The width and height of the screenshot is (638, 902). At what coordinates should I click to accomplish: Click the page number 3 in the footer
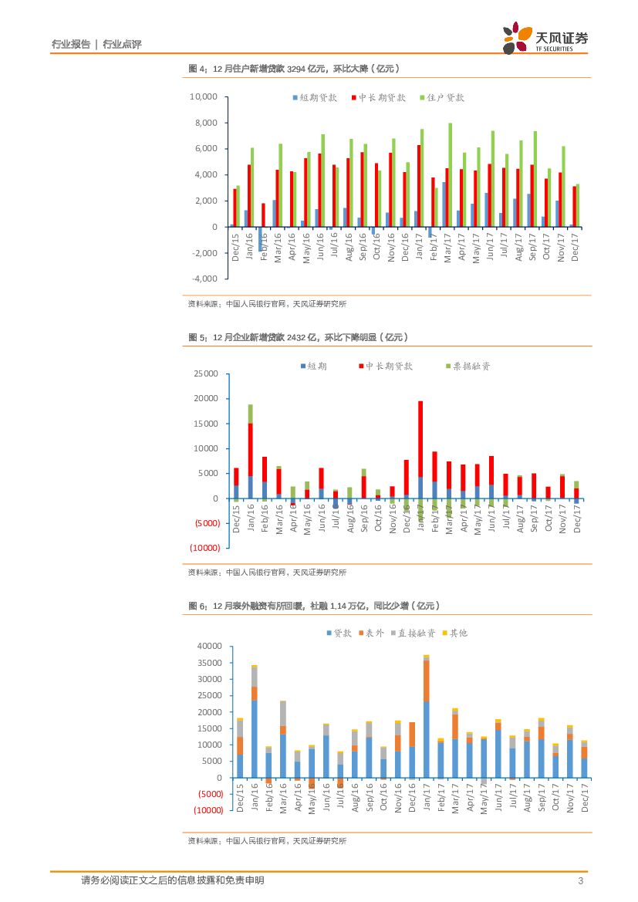pyautogui.click(x=580, y=881)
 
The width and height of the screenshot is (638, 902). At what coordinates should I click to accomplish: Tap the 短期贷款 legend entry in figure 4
pyautogui.click(x=314, y=98)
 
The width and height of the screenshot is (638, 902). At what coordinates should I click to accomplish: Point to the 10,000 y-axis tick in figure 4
pyautogui.click(x=204, y=97)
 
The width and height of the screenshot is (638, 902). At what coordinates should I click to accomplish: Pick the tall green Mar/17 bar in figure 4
pyautogui.click(x=450, y=174)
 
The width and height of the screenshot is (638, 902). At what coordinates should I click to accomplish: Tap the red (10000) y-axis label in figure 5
pyautogui.click(x=206, y=548)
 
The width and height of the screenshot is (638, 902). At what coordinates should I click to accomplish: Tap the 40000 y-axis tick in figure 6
pyautogui.click(x=210, y=646)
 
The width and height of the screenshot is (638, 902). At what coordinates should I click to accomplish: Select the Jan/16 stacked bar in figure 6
pyautogui.click(x=254, y=721)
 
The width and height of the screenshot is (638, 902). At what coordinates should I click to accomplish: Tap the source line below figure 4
pyautogui.click(x=267, y=304)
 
